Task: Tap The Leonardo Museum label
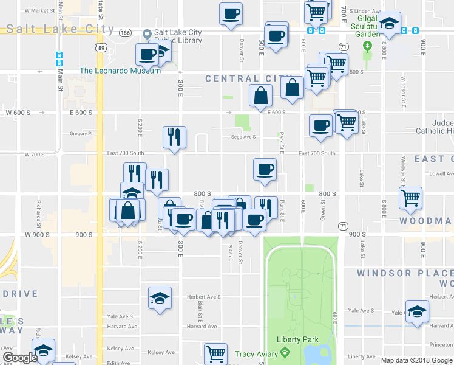pyautogui.click(x=120, y=71)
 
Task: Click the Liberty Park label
pyautogui.click(x=293, y=339)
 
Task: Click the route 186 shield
pyautogui.click(x=125, y=32)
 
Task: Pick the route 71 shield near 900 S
pyautogui.click(x=343, y=226)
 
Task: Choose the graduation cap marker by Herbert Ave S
pyautogui.click(x=159, y=298)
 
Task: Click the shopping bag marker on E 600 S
pyautogui.click(x=260, y=96)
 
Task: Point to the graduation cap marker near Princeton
pyautogui.click(x=417, y=311)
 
